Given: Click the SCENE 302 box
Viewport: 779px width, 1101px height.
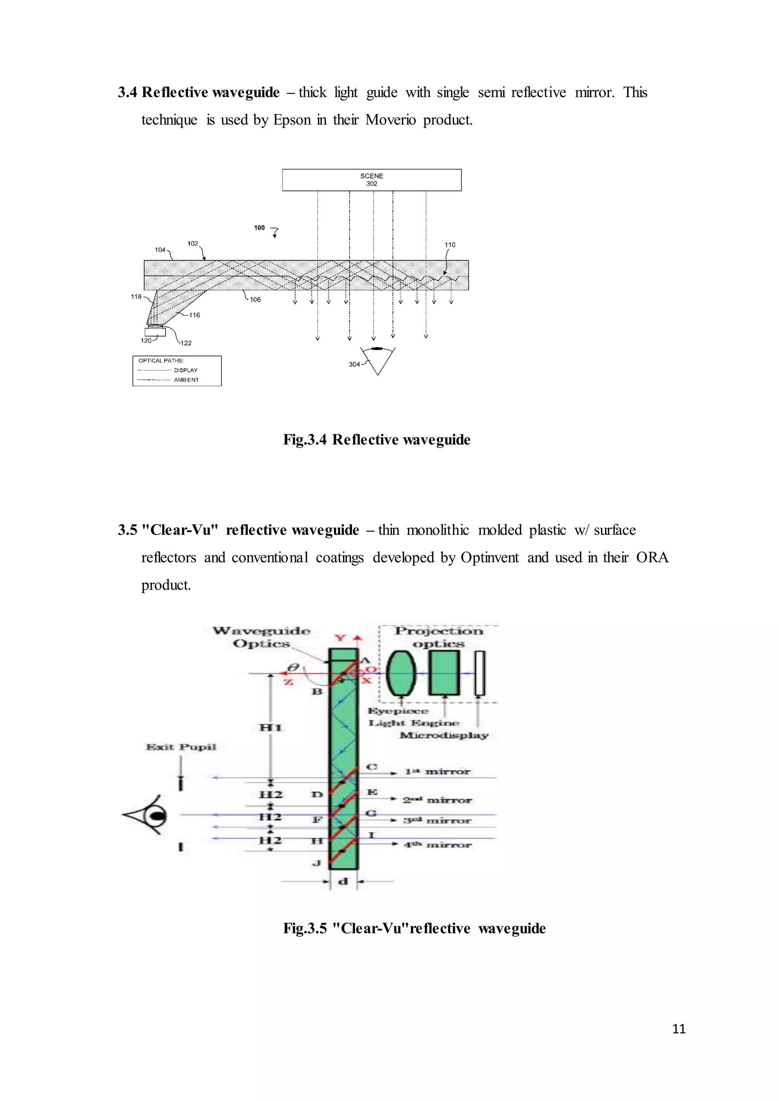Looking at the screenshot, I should point(371,180).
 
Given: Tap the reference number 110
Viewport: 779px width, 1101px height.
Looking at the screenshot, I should point(450,244).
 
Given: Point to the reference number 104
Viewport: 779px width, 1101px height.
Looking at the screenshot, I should point(160,249).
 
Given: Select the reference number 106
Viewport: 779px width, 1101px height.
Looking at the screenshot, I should point(255,300).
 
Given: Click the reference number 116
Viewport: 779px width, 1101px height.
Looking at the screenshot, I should point(194,315).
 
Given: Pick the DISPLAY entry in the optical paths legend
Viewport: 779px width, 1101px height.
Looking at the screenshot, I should point(185,370).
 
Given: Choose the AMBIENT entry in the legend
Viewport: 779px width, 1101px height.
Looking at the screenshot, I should point(186,380).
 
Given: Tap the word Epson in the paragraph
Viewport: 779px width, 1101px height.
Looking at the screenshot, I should point(292,120).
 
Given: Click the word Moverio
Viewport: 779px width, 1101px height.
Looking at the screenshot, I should point(391,120).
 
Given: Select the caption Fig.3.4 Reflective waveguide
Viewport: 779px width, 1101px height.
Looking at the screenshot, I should point(377,440).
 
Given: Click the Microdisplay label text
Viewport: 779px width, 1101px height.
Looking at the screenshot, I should point(444,735).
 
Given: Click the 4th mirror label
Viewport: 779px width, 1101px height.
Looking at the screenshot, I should point(437,844).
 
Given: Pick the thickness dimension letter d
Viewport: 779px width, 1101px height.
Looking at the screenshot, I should point(343,881).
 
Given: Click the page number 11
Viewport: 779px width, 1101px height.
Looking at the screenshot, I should point(679,1029).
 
